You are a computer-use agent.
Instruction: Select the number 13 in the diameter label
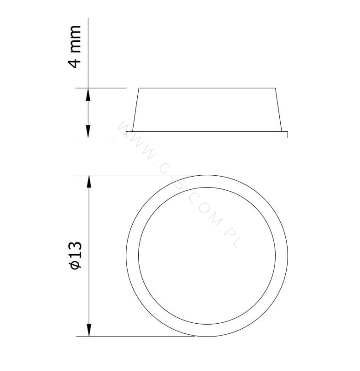pyautogui.click(x=76, y=250)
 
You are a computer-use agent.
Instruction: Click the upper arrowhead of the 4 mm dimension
pyautogui.click(x=88, y=95)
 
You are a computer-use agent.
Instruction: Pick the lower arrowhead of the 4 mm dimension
pyautogui.click(x=88, y=131)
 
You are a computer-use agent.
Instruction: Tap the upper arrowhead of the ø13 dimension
pyautogui.click(x=89, y=181)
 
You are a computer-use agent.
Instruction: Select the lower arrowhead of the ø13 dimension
pyautogui.click(x=89, y=330)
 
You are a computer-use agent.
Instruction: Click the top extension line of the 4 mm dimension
pyautogui.click(x=101, y=88)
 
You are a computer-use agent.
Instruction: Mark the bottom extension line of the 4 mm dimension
pyautogui.click(x=95, y=138)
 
